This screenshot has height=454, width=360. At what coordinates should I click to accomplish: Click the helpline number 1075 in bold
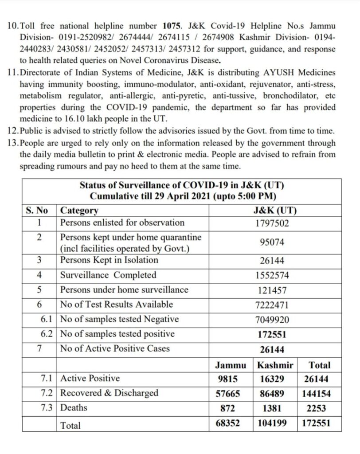pyautogui.click(x=172, y=26)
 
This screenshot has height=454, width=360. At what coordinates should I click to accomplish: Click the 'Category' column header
pyautogui.click(x=79, y=211)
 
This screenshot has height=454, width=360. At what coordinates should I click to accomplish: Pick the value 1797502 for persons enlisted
pyautogui.click(x=272, y=223)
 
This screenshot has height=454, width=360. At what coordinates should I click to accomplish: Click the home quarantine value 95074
pyautogui.click(x=273, y=243)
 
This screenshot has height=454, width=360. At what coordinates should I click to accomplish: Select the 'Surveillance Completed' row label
pyautogui.click(x=108, y=275)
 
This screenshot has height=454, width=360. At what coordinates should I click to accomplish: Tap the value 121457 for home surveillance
pyautogui.click(x=272, y=290)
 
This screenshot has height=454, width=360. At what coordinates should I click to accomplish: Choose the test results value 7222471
pyautogui.click(x=272, y=305)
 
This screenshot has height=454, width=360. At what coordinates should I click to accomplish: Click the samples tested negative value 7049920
pyautogui.click(x=272, y=320)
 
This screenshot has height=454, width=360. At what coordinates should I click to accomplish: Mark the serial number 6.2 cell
pyautogui.click(x=47, y=334)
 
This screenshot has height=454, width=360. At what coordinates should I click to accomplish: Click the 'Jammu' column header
pyautogui.click(x=231, y=366)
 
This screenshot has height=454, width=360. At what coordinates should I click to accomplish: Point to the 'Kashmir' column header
pyautogui.click(x=275, y=366)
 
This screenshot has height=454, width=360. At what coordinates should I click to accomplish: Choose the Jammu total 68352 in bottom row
pyautogui.click(x=228, y=423)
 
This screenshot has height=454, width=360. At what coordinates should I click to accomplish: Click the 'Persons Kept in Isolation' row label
pyautogui.click(x=109, y=260)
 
